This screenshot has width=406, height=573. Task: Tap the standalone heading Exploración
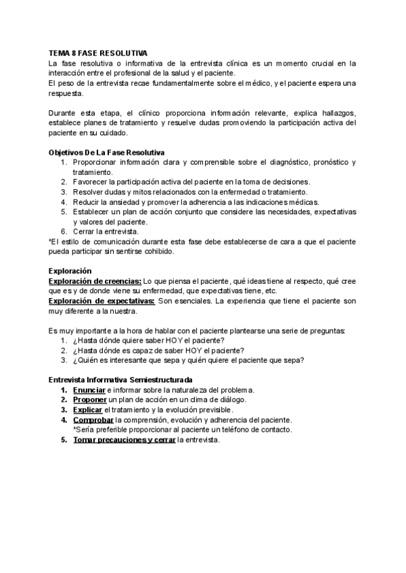tap(70, 270)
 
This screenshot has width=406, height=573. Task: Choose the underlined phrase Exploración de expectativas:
tap(102, 301)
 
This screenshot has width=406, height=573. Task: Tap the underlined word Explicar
tap(88, 409)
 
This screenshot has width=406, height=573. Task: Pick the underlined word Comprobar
tap(93, 420)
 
